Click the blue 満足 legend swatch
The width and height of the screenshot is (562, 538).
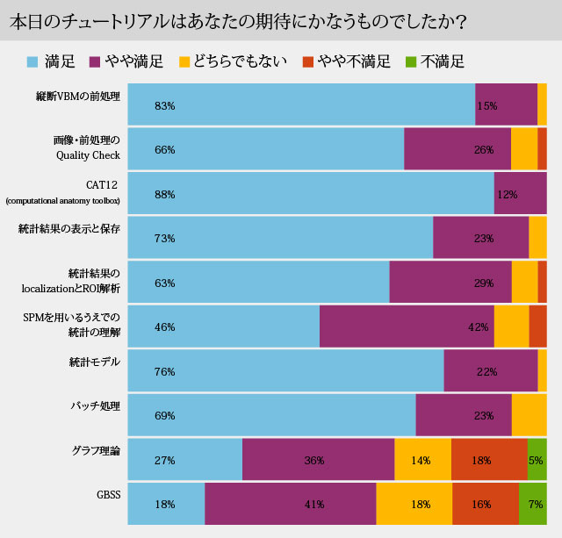[x=33, y=61]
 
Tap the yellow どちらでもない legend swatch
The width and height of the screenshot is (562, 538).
[x=184, y=61]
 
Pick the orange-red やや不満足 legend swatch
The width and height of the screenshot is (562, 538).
[x=307, y=61]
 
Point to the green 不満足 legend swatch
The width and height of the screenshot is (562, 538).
[x=410, y=61]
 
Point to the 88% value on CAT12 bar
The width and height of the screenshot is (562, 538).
[x=164, y=194]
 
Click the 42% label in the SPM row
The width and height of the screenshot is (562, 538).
[x=478, y=327]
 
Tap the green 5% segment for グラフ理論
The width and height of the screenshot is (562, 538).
[x=537, y=460]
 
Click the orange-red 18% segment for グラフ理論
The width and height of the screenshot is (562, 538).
[x=489, y=460]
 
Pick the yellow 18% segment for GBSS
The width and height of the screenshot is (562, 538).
[x=414, y=504]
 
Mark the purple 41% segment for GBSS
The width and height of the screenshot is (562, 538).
[x=290, y=504]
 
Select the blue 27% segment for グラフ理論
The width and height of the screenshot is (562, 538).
[x=184, y=460]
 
